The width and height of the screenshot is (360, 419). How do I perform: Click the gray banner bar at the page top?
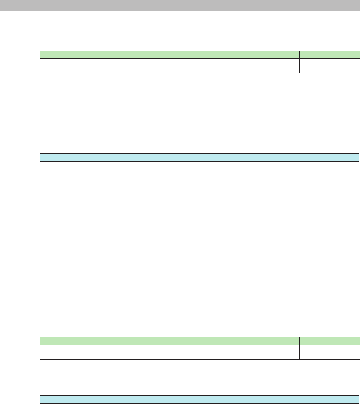(180, 5)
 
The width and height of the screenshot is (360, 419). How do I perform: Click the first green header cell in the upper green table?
(60, 55)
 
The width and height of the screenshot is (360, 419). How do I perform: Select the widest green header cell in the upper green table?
(130, 55)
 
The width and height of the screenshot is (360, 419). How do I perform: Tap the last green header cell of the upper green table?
(330, 55)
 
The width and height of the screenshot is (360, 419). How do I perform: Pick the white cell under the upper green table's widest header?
(130, 65)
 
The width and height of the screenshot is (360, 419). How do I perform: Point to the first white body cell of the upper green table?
(60, 65)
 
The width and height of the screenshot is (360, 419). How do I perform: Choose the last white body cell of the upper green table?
(330, 65)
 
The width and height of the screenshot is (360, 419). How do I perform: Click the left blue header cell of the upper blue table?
(120, 157)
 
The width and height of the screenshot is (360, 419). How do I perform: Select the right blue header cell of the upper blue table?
(279, 157)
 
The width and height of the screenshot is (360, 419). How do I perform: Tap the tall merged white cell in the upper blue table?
(279, 175)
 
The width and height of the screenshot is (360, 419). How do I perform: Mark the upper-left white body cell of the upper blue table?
(120, 168)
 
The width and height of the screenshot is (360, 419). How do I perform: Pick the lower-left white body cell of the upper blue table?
(120, 183)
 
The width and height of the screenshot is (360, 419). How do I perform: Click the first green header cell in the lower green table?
(60, 341)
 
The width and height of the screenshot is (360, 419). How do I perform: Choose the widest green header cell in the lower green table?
(130, 341)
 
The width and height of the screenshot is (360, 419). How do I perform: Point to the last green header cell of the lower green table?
(330, 341)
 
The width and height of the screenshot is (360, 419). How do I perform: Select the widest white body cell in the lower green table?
(130, 352)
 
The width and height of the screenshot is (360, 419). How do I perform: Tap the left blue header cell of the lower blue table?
(120, 399)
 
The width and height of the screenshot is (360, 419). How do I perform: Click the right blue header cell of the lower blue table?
(279, 399)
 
